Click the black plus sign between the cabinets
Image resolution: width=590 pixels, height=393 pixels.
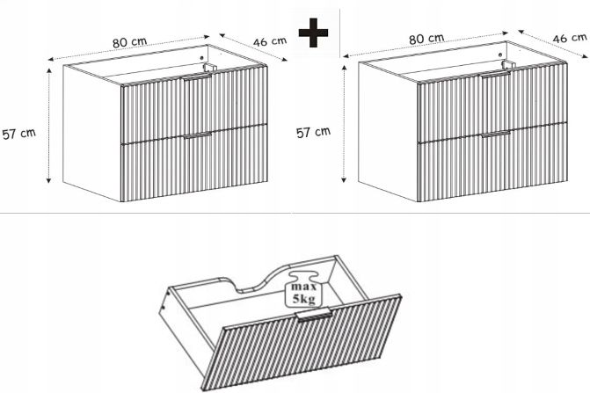point(313,33)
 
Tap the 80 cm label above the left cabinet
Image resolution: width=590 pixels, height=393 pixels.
point(129,41)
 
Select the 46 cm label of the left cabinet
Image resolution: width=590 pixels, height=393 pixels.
point(270,41)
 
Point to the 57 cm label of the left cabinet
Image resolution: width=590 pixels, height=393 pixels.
point(18,133)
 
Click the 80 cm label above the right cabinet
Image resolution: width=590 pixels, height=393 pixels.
point(426,39)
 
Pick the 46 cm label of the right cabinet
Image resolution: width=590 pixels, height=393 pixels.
point(569,38)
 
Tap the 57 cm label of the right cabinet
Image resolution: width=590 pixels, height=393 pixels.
point(313,132)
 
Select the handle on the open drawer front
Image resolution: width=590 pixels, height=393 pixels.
point(314,315)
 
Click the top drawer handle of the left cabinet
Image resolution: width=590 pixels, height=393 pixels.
point(198,76)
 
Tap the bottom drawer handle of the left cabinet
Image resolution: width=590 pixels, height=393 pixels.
point(198,135)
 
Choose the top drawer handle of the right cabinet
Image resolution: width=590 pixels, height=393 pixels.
point(495,75)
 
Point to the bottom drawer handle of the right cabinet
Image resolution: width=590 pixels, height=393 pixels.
point(495,134)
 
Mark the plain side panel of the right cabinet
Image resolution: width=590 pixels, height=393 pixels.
point(388,132)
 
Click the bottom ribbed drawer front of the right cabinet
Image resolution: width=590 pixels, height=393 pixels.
point(492,162)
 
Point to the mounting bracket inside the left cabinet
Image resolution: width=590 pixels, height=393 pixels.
point(209,68)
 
